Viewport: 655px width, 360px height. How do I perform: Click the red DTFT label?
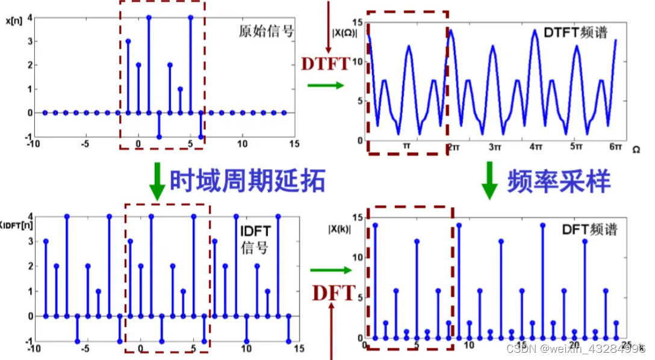click(x=326, y=63)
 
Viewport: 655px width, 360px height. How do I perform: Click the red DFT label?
click(x=334, y=293)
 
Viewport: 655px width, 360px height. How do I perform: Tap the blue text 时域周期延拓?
click(x=247, y=179)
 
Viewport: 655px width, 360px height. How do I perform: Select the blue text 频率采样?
click(x=559, y=179)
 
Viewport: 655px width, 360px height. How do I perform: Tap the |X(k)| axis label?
click(x=339, y=228)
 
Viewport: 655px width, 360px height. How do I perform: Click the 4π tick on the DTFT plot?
click(x=534, y=147)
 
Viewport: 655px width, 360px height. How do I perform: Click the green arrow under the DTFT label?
click(x=325, y=85)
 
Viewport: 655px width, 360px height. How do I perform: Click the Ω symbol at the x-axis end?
click(x=636, y=147)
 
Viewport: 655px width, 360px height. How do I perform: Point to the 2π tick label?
click(x=453, y=147)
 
